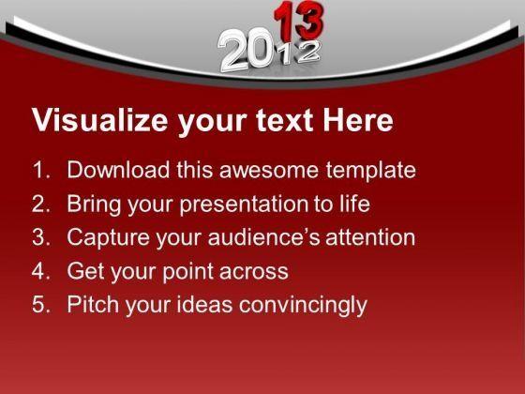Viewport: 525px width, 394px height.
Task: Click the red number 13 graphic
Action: click(299, 21)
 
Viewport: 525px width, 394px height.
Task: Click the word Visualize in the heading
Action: click(99, 120)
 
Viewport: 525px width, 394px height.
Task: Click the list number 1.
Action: click(41, 170)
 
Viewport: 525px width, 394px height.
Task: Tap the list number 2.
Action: click(41, 204)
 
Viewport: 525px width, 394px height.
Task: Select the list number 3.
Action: click(41, 236)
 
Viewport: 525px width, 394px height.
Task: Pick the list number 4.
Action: click(41, 271)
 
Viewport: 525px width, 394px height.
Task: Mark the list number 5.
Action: click(41, 304)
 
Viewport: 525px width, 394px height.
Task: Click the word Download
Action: click(118, 169)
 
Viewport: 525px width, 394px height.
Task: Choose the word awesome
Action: click(269, 170)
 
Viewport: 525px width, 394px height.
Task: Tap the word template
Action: click(371, 171)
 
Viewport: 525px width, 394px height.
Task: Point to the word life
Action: click(354, 203)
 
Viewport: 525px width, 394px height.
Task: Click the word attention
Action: click(370, 236)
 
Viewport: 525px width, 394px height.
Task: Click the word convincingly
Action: click(303, 305)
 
